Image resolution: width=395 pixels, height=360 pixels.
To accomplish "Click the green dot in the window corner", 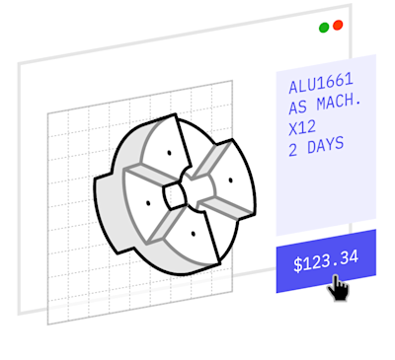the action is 324,28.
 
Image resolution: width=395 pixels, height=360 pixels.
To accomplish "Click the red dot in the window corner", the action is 338,25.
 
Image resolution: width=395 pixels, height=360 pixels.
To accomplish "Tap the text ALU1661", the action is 321,83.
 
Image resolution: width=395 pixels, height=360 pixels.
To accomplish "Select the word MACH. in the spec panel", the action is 339,102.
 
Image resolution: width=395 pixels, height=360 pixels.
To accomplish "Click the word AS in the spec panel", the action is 298,108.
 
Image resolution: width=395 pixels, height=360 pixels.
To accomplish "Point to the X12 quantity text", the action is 302,128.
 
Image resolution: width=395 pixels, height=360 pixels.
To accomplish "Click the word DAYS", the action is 326,146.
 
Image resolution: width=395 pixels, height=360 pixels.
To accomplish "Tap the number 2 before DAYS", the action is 292,151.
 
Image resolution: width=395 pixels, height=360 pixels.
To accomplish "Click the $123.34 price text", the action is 326,261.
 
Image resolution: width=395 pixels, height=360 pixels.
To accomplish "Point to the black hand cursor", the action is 339,288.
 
